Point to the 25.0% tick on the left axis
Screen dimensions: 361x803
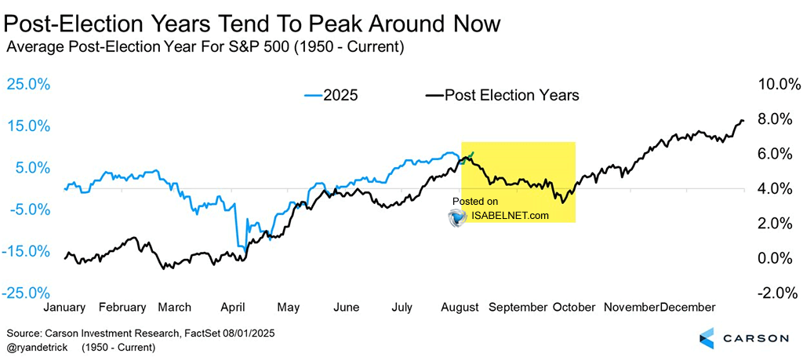tap(28, 84)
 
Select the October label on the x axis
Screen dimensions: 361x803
tap(575, 307)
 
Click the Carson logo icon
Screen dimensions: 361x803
tap(707, 338)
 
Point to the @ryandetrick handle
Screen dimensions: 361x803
tap(35, 346)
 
